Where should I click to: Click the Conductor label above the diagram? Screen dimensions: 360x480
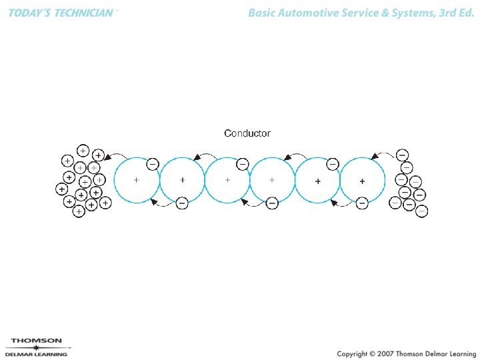coord(247,133)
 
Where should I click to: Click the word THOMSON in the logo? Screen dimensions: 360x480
coord(37,340)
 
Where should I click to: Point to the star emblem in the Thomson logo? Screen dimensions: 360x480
coord(36,347)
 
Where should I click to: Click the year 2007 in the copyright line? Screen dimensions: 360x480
coord(385,353)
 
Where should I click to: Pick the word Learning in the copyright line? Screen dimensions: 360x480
coord(458,353)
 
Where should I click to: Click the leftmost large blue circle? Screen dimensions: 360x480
coord(137,180)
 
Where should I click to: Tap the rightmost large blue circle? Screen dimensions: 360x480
coord(363,180)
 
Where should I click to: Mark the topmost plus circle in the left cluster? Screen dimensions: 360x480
coord(83,150)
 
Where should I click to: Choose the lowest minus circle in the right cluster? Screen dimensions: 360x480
coord(421,211)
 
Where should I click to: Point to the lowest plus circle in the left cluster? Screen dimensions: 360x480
coord(79,211)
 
